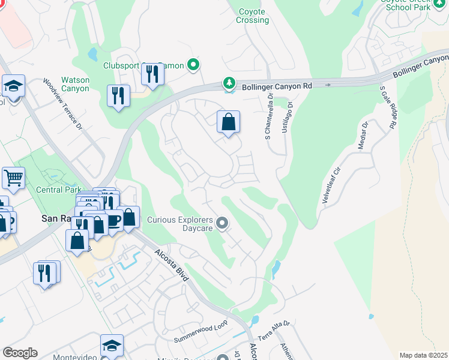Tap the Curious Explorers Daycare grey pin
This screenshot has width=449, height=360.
223,224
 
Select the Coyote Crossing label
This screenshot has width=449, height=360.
253,16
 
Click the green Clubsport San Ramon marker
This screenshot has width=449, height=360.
193,65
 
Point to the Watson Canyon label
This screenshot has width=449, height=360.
75,84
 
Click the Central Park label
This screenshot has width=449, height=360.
59,190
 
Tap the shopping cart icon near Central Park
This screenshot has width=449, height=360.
13,178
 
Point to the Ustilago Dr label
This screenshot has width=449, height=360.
291,120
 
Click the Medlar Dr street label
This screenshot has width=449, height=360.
363,137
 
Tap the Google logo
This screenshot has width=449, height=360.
20,353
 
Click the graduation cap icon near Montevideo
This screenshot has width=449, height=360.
112,346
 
